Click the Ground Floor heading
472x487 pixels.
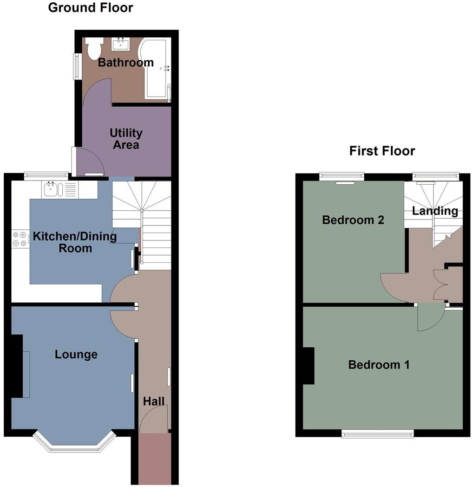(90, 7)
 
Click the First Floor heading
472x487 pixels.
(382, 151)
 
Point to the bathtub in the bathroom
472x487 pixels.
(157, 70)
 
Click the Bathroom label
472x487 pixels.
(125, 63)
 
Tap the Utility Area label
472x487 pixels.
(126, 139)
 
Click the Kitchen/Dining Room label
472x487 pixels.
(75, 242)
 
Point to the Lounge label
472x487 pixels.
(76, 355)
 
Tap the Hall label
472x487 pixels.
(154, 402)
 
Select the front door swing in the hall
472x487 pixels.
(153, 418)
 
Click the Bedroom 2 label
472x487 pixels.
(353, 220)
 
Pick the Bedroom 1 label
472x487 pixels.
(379, 365)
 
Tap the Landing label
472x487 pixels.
(435, 211)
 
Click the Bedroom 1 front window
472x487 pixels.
(378, 434)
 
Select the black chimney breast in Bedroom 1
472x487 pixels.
(308, 366)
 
